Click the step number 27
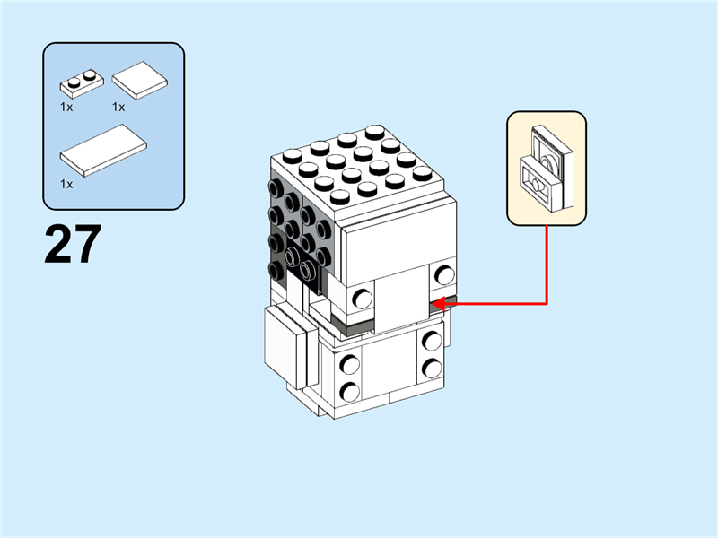[73, 245]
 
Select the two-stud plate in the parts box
[82, 84]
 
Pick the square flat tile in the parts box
[141, 79]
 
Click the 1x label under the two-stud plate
[66, 106]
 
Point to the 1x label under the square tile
[118, 106]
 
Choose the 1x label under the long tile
[66, 183]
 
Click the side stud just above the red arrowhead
[443, 275]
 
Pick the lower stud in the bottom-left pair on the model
[349, 391]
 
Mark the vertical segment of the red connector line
[546, 265]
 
